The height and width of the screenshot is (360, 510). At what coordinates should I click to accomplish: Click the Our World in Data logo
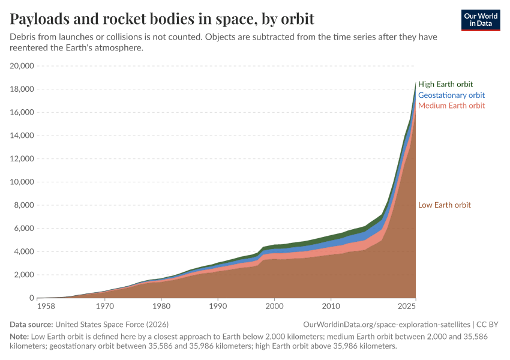point(480,19)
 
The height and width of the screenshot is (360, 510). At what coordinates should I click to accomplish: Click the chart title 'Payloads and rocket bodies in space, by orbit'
point(162,19)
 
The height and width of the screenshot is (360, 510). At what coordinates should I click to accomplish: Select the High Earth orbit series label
point(445,84)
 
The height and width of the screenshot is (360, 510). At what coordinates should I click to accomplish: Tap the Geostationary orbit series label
point(451,95)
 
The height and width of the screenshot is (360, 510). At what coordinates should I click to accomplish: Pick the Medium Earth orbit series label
point(451,106)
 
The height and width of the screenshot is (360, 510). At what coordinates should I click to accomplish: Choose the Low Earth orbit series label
point(444,205)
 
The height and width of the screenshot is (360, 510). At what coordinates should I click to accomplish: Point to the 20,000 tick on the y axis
point(22,66)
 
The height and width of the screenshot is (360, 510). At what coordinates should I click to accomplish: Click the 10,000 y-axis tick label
point(22,182)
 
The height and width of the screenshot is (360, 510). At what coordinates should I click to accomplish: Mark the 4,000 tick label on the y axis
point(25,251)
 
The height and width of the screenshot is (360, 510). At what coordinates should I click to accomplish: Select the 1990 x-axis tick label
point(218,306)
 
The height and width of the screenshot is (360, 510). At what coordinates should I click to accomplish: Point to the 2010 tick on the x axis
point(331,306)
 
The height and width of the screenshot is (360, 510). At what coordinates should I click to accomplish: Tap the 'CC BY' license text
point(487,324)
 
